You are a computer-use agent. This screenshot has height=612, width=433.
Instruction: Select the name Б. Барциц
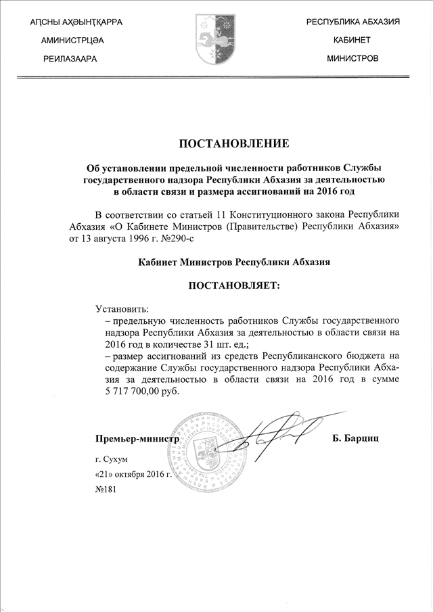coord(355,438)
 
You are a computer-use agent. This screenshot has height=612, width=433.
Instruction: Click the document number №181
coord(107,489)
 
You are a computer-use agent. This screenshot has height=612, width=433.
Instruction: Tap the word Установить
coord(122,309)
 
